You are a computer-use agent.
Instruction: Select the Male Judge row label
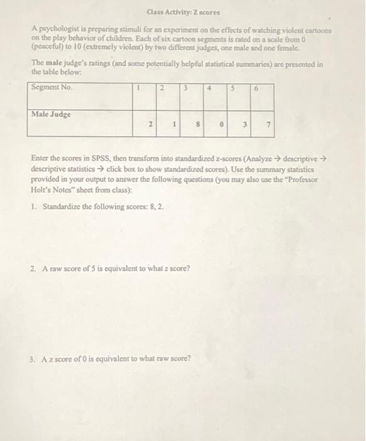(51, 115)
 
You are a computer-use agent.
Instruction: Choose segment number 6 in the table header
(256, 89)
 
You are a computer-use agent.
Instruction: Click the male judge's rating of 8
(199, 125)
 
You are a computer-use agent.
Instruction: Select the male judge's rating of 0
(222, 125)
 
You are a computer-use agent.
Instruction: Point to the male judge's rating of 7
(269, 125)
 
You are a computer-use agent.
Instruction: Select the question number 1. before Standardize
(33, 206)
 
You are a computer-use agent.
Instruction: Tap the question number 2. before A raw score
(33, 268)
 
